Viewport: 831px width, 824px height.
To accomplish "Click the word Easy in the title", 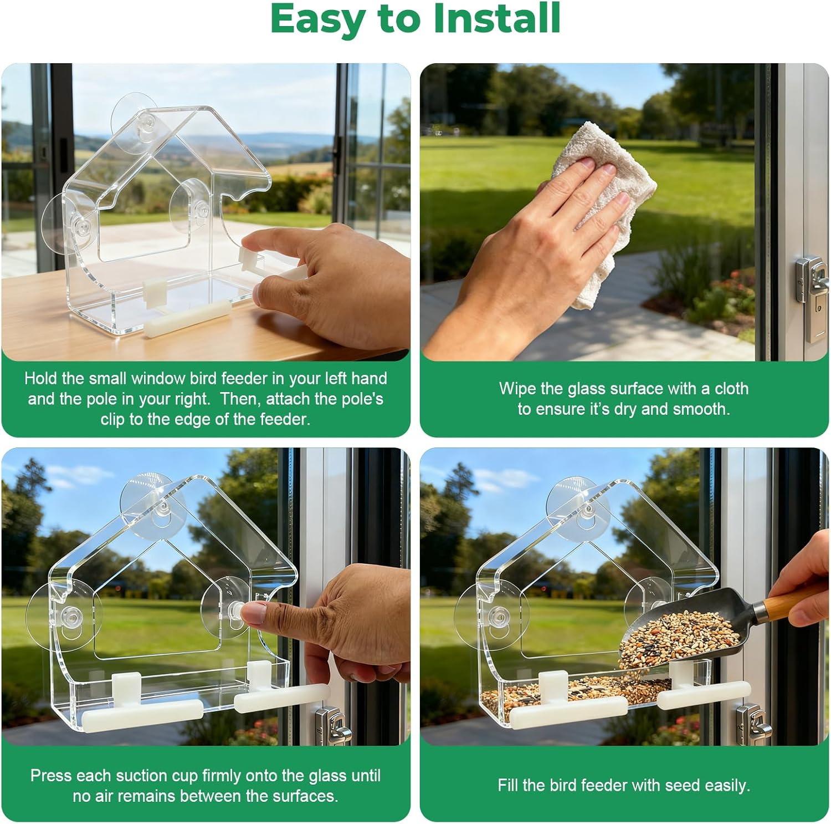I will [318, 19].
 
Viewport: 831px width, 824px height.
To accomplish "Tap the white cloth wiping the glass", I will [601, 205].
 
